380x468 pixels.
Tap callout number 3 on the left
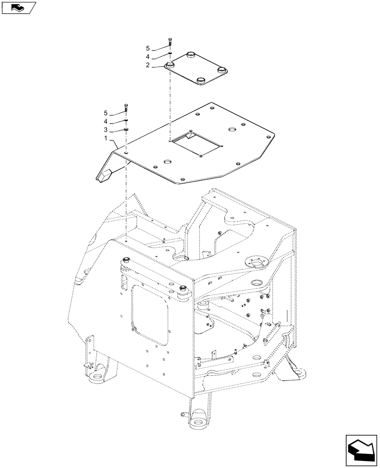[x=106, y=130]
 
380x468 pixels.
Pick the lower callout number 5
[x=106, y=113]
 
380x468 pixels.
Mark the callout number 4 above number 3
[x=106, y=122]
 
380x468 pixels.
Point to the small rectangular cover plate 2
[x=197, y=69]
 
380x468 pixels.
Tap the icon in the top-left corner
[x=19, y=7]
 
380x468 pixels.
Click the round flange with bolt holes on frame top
[x=256, y=263]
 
